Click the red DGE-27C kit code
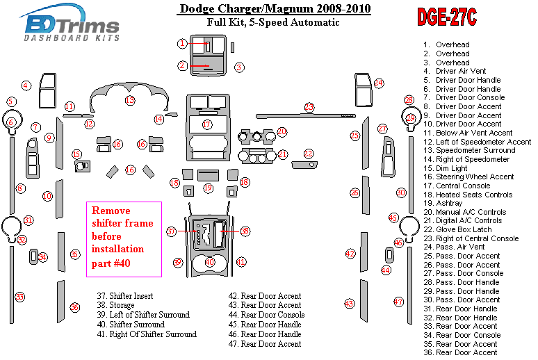[x=447, y=17]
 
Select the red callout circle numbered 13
[x=130, y=100]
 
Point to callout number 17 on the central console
[x=207, y=124]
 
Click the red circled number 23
[x=309, y=107]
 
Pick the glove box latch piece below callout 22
[x=304, y=165]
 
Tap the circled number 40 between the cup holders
[x=210, y=262]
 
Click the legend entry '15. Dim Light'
[x=446, y=168]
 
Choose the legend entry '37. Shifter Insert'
[x=125, y=296]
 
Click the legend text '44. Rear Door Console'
[x=267, y=315]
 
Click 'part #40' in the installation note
[x=111, y=263]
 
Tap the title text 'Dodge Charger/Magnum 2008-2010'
[x=274, y=8]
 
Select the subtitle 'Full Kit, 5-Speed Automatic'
[x=273, y=22]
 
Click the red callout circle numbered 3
[x=239, y=67]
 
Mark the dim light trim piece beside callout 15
[x=82, y=166]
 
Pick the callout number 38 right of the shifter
[x=245, y=231]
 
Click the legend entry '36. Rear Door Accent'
[x=460, y=352]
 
